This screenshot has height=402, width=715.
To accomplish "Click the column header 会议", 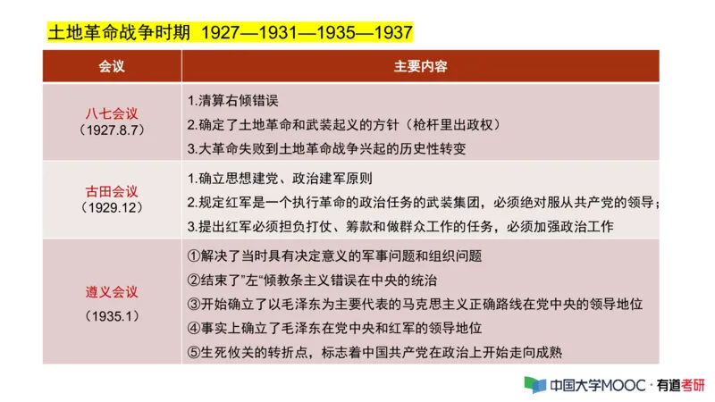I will tap(112, 67).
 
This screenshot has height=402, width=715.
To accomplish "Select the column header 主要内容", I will tap(420, 67).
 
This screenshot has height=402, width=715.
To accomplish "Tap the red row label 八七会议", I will tap(112, 113).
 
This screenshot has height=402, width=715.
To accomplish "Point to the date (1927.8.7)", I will tap(112, 130).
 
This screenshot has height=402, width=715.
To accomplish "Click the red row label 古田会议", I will tap(112, 191).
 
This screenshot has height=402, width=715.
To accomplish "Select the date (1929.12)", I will tap(112, 207).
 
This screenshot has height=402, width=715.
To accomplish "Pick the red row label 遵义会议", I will tap(112, 292).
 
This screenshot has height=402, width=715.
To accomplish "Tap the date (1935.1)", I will tap(112, 316).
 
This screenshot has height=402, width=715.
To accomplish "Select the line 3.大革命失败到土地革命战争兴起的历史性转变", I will tap(326, 148).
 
